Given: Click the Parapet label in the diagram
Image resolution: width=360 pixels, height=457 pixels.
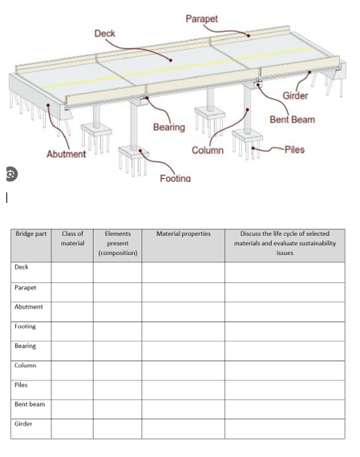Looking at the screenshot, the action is coord(201,18).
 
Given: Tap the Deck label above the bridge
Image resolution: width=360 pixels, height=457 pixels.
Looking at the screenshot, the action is coord(105,34).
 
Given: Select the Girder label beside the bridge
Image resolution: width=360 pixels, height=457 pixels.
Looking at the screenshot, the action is coord(294,97).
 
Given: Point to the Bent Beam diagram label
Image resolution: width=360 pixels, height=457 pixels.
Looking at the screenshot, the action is coord(292,119).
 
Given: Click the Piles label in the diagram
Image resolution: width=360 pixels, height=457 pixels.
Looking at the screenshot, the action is coord(293,150).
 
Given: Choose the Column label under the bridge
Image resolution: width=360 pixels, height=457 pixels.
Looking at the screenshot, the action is coord(207,152).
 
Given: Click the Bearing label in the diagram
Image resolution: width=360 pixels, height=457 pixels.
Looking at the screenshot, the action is coord(168,127).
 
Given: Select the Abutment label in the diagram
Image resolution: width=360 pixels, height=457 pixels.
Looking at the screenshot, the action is coord(66,154).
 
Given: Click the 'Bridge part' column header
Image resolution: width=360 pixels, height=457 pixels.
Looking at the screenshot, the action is coord(31,234).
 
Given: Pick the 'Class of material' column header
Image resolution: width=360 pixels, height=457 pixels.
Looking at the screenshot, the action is coord(72,238).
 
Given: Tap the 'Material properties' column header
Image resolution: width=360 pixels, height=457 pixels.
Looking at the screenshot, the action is coord(183,234).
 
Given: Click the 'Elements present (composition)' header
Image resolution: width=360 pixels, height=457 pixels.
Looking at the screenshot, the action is coord(117,243).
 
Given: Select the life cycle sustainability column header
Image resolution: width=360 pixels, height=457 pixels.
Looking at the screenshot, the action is coord(285,243).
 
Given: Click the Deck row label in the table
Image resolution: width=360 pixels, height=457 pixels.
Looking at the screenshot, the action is coord(22,267).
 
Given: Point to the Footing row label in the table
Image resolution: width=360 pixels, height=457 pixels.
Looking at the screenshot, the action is coord(25,326).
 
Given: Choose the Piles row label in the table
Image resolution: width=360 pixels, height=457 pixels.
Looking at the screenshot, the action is coord(22,385).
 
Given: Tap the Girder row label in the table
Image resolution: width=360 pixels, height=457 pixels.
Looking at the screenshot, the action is coord(23,423).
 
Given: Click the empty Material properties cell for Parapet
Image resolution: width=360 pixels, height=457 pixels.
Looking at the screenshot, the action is coord(183,292).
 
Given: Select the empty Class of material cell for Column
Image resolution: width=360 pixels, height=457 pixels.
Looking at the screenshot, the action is coord(72,370).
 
